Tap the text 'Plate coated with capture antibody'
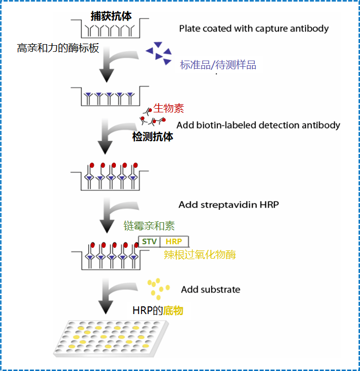[x=254, y=28]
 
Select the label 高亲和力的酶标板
[x=58, y=49]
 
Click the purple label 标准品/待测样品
[x=218, y=65]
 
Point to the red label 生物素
[x=168, y=108]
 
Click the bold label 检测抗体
[x=153, y=136]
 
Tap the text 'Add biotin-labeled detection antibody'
[x=258, y=125]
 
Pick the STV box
[x=149, y=241]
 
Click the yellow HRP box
[x=174, y=241]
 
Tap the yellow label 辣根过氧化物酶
[x=200, y=255]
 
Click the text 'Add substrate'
[x=210, y=289]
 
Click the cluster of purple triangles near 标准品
[x=159, y=54]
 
